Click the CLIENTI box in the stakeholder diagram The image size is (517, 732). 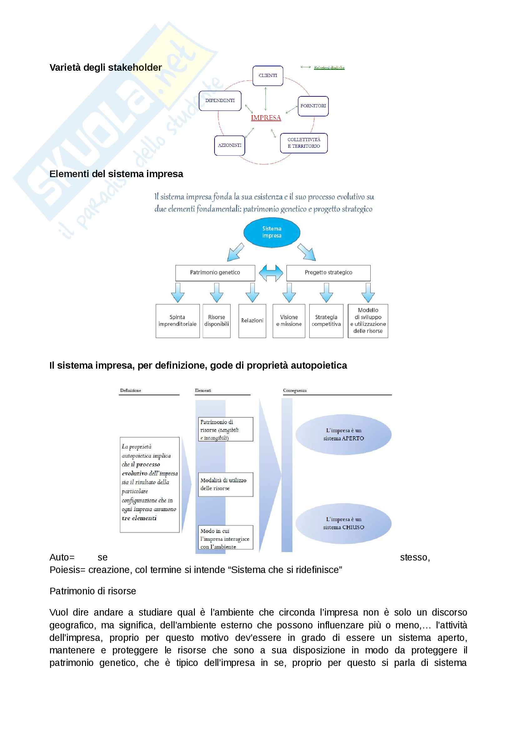(x=268, y=76)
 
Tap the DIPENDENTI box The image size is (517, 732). (x=220, y=101)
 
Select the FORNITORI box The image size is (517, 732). (x=313, y=106)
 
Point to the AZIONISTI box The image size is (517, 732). (x=229, y=146)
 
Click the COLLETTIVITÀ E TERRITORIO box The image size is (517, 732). (x=304, y=143)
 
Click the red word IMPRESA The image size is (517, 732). (x=266, y=118)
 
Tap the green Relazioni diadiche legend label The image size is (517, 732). (x=329, y=68)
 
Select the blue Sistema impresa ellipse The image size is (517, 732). (x=272, y=232)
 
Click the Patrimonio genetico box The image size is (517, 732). (x=215, y=273)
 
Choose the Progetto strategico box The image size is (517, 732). (x=328, y=273)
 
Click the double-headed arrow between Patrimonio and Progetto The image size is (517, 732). (x=271, y=273)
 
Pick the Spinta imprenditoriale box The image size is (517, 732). (x=177, y=321)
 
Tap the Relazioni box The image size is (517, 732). (x=252, y=321)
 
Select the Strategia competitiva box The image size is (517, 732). (x=326, y=321)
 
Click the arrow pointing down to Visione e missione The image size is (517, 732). (x=289, y=292)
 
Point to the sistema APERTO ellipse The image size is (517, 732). (x=343, y=434)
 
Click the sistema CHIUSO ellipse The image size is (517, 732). (x=343, y=523)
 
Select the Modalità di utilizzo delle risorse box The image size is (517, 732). (x=226, y=484)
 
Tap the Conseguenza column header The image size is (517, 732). (x=295, y=391)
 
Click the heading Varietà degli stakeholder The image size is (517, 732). (x=105, y=68)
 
